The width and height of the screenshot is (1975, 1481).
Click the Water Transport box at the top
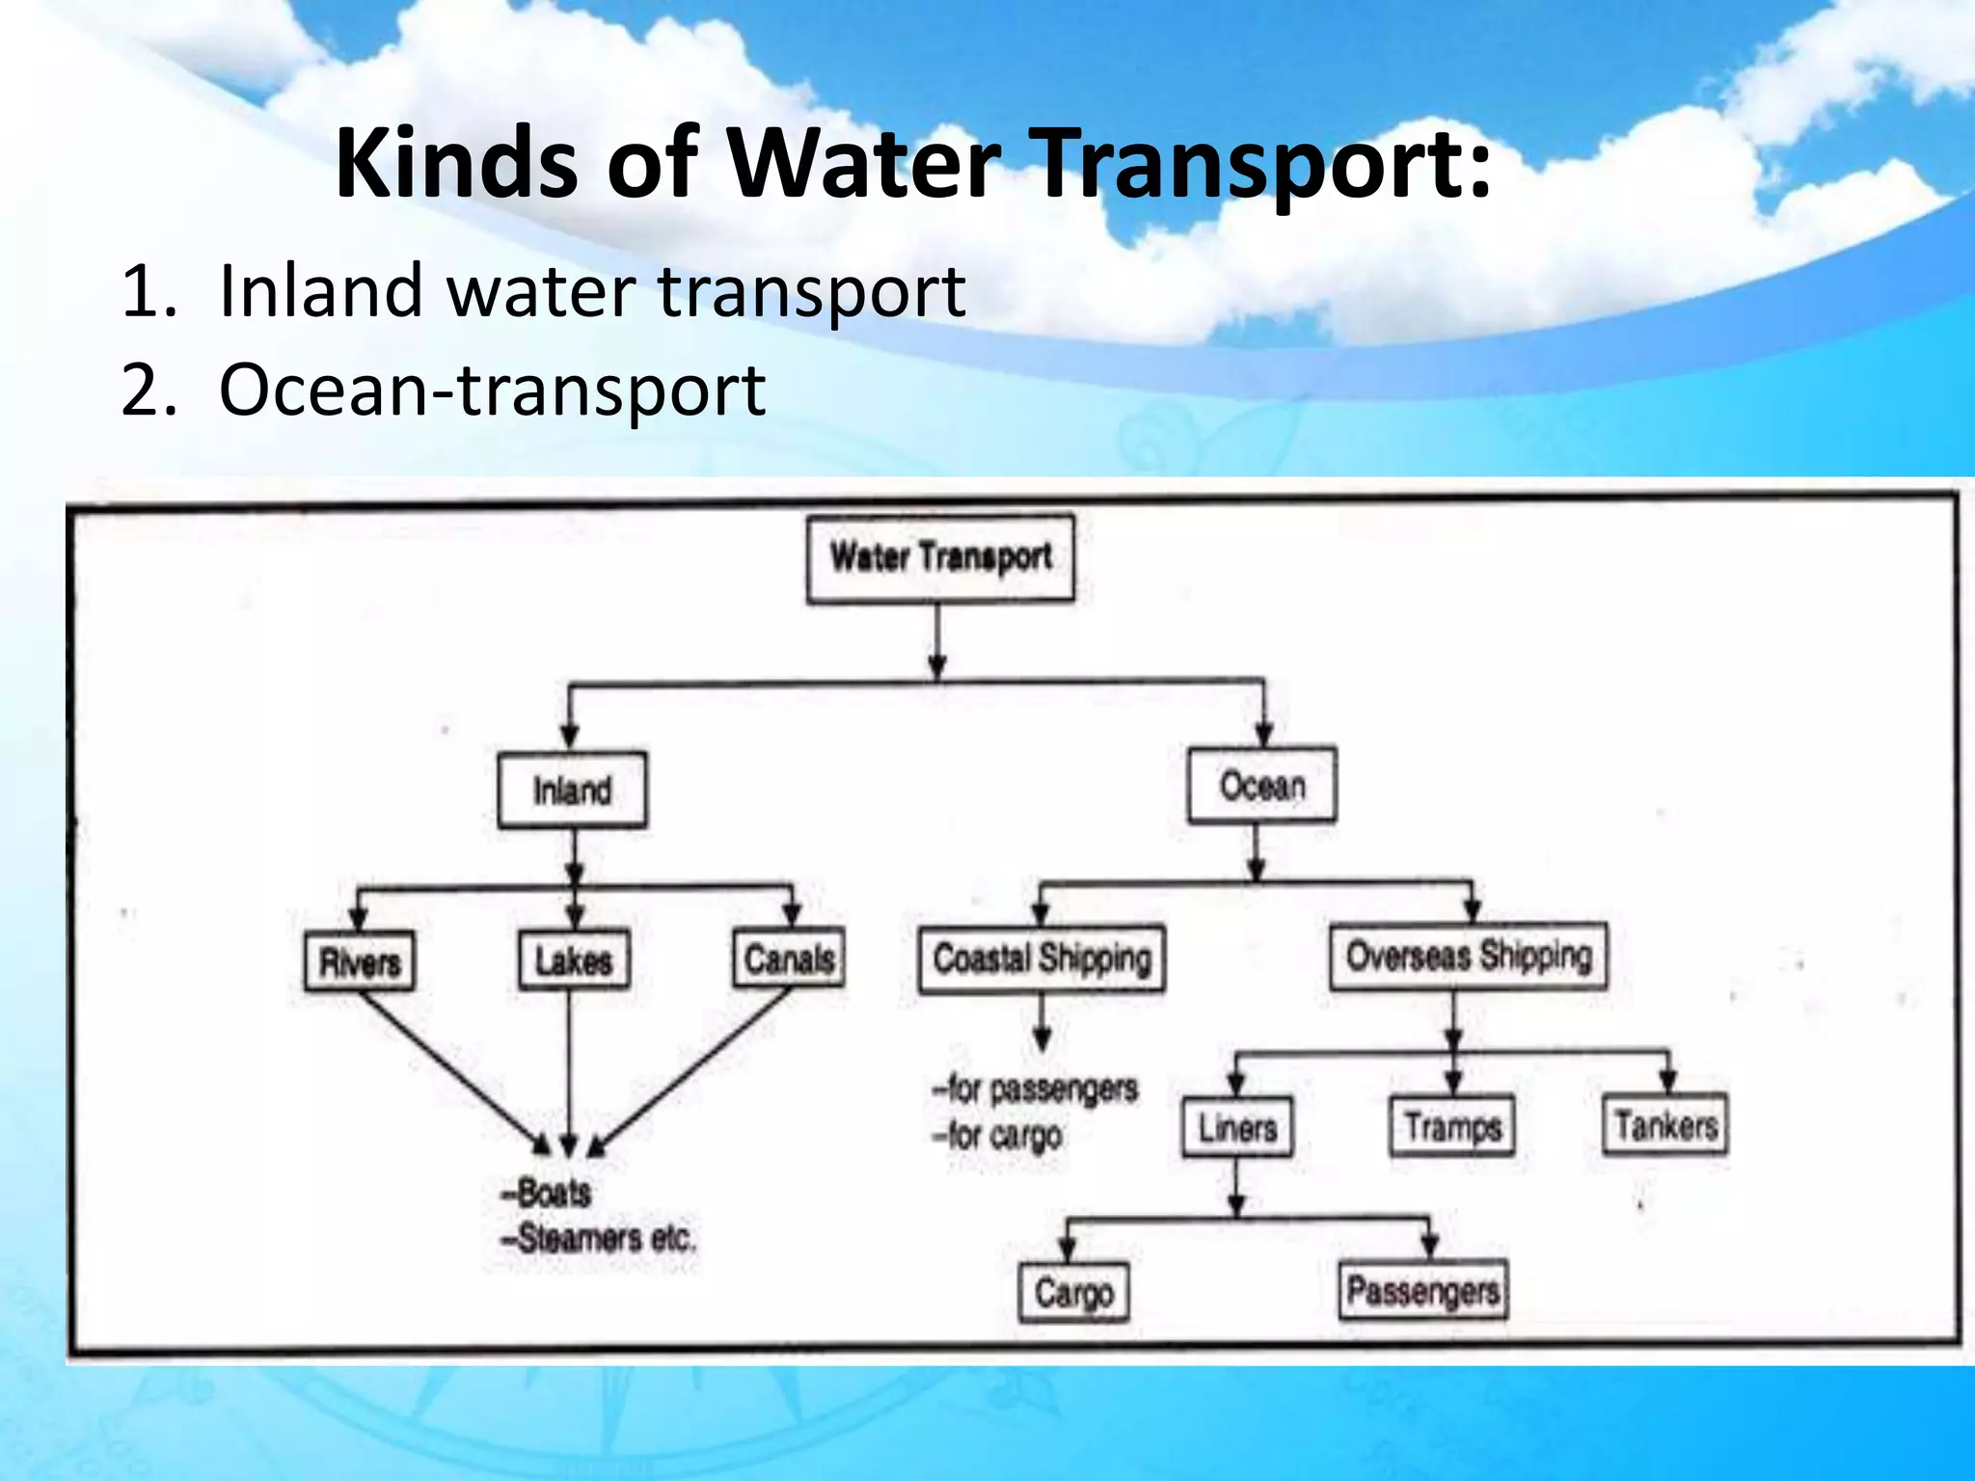pos(940,558)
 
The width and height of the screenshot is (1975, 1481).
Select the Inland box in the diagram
pos(572,791)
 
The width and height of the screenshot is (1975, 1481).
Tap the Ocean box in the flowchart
pos(1261,786)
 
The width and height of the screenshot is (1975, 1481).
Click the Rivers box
pos(360,961)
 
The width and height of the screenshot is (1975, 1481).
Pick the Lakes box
pos(574,960)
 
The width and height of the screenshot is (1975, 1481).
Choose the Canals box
pos(789,958)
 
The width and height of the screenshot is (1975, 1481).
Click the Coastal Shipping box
pos(1042,958)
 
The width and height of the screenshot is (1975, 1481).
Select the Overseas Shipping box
pos(1468,956)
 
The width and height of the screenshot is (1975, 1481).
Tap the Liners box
pos(1237,1127)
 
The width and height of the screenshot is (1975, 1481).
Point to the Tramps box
pos(1452,1126)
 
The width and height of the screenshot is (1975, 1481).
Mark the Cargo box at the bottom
pos(1073,1293)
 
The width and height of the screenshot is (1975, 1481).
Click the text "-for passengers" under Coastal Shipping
pos(1036,1090)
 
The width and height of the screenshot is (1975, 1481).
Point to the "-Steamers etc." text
pos(598,1238)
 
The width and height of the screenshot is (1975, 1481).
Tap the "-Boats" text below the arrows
pos(546,1194)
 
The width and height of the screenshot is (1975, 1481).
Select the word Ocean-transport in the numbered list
pos(492,390)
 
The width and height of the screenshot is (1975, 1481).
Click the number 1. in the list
pos(149,291)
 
